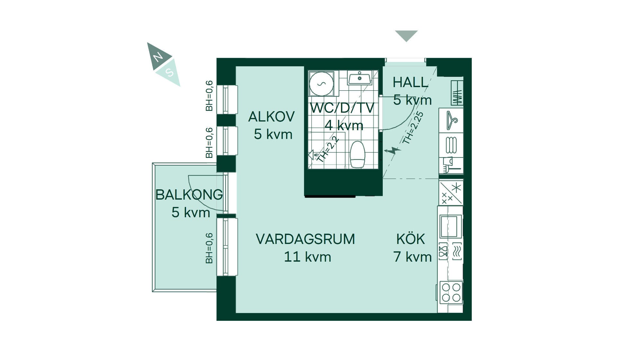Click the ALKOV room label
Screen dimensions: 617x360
(272, 116)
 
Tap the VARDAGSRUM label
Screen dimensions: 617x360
(305, 239)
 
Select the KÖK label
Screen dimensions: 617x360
(411, 239)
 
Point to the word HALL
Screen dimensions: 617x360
(410, 82)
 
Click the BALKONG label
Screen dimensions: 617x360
(189, 195)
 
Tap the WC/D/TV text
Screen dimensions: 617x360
(342, 108)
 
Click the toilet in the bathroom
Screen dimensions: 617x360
(357, 154)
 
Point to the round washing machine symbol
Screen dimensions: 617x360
(321, 84)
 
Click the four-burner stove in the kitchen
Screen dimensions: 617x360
(451, 292)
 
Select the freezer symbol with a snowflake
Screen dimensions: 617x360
(451, 193)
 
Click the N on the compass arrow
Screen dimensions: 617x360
(158, 57)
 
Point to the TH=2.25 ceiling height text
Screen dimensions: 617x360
(413, 128)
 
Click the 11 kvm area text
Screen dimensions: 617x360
(308, 257)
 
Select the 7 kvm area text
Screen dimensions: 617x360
(412, 257)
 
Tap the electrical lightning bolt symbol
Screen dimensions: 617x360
(392, 150)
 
